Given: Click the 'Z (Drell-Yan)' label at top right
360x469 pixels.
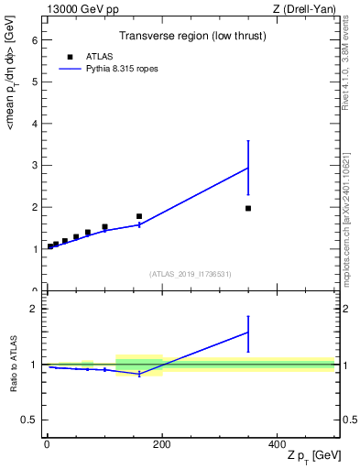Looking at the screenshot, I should (306, 10).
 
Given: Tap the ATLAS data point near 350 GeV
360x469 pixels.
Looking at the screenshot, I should (248, 208).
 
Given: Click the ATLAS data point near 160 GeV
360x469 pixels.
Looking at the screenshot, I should (139, 216).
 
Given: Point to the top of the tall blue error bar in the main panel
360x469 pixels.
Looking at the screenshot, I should (248, 141).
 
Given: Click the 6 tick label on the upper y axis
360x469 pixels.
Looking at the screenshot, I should (35, 40).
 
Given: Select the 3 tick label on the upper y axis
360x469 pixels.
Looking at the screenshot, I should (35, 166).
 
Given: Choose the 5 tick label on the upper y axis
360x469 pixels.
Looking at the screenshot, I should (35, 82).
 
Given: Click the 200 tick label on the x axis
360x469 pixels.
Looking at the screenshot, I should (161, 444).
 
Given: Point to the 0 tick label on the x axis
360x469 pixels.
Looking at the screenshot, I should (46, 444).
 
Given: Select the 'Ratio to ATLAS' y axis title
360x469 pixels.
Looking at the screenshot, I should (13, 365).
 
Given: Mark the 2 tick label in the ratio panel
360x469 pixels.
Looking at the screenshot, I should (35, 310).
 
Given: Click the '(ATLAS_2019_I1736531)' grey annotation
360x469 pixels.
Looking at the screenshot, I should (191, 274).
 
